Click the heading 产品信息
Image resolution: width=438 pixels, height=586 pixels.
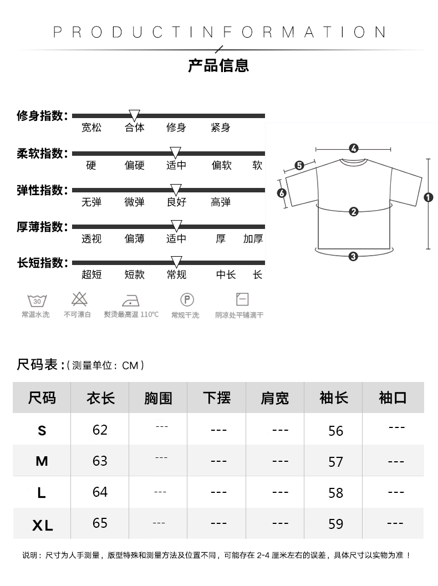coord(218,65)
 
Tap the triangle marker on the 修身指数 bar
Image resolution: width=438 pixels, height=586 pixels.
coord(134,114)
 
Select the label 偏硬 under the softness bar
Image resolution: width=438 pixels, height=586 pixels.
coord(134,165)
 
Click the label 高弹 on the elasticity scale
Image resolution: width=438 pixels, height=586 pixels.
coord(221,202)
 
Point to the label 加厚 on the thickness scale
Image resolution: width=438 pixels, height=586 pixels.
coord(253,239)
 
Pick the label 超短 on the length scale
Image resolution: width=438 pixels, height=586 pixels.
coord(91,274)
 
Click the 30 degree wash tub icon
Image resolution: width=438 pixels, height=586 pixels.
coord(37,300)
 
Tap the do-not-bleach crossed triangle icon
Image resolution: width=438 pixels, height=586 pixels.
coord(78,299)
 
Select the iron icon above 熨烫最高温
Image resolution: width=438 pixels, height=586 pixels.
coord(130,300)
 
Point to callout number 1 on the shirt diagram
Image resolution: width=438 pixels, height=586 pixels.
coord(428,197)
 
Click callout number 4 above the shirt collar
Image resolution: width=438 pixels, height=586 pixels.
coord(354,149)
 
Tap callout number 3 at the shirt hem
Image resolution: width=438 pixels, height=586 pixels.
coord(353,256)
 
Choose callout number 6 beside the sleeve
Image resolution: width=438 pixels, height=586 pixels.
coord(281,193)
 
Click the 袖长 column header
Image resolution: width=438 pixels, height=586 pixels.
coord(334,398)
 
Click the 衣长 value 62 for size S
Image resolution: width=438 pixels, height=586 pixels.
coord(100,430)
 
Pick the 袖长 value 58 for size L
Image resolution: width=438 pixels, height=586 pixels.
coord(335,493)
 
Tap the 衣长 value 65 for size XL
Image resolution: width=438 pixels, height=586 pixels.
coord(100,523)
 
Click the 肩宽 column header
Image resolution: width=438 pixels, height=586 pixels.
coord(275,398)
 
